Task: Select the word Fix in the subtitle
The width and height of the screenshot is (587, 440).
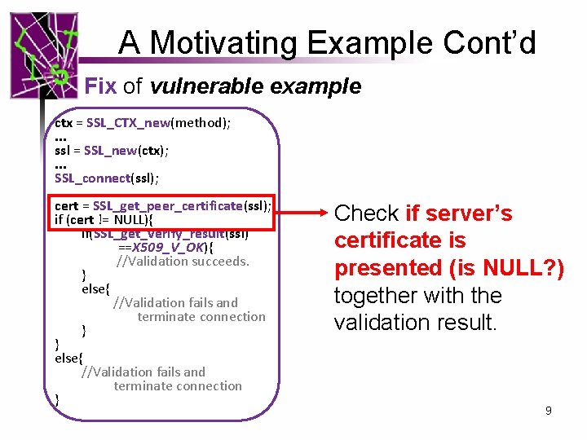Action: tap(101, 86)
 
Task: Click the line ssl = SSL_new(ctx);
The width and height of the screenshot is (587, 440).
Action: tap(112, 150)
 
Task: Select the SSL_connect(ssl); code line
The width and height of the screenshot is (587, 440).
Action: tap(107, 178)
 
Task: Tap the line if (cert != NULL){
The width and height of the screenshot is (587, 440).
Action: tap(104, 219)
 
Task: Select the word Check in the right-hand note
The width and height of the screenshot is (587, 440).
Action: tap(367, 213)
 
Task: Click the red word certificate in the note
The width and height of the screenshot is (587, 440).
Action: tap(377, 240)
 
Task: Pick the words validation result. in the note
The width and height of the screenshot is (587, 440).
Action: tap(415, 323)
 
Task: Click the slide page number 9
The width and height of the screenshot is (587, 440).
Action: tap(549, 411)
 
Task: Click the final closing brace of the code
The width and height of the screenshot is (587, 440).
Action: tap(56, 399)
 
